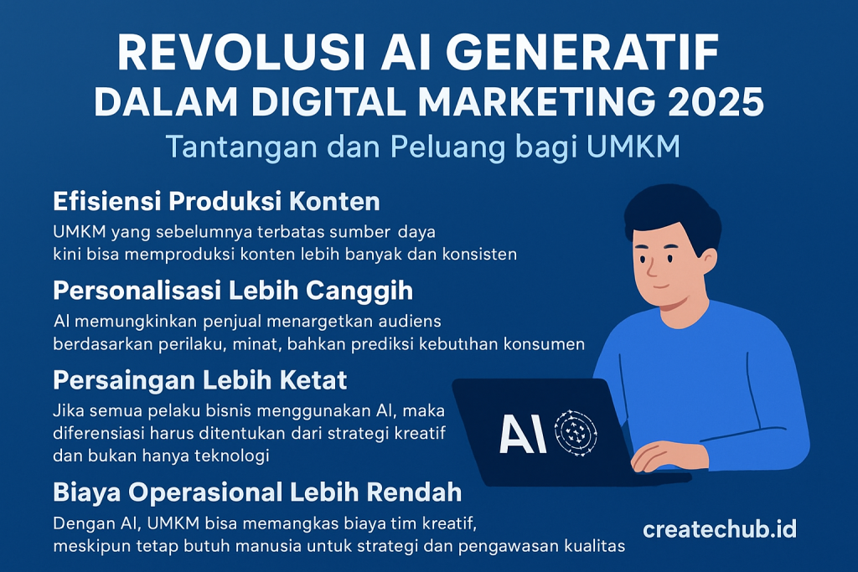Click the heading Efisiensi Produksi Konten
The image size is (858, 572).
pos(217,201)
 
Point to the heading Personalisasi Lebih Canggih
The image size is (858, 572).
pos(233,291)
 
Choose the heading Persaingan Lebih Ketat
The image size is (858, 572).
pos(200,380)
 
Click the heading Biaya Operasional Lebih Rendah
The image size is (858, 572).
pos(258,492)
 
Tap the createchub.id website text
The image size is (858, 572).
pos(720,529)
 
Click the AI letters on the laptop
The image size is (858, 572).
pos(523,434)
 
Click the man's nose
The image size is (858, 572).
pos(652,267)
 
